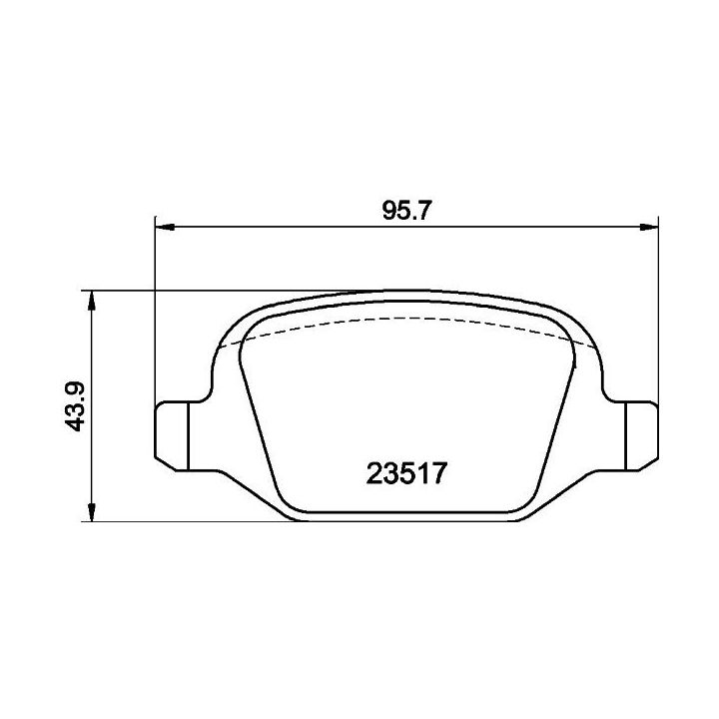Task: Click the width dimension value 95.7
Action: [x=406, y=211]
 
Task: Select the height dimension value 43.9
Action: [x=75, y=405]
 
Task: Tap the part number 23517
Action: [x=406, y=473]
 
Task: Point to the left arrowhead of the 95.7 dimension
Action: [x=165, y=227]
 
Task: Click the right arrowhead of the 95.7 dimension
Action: [x=649, y=227]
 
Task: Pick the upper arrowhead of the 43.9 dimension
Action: [x=92, y=300]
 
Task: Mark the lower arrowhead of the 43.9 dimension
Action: [x=92, y=511]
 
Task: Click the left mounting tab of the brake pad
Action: [x=172, y=435]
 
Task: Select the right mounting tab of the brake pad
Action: [x=642, y=435]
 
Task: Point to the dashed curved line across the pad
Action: [x=407, y=318]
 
